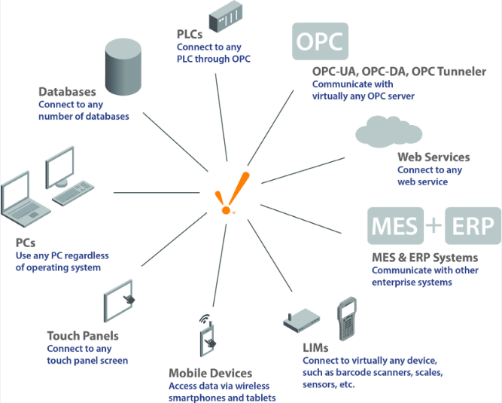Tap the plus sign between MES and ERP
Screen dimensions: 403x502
[x=434, y=226]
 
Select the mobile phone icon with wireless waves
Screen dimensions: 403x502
[x=207, y=336]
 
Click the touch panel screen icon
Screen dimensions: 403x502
[x=123, y=303]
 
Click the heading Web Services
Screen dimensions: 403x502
[x=434, y=157]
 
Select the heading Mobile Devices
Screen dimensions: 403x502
[x=210, y=373]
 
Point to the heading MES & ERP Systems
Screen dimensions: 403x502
[x=425, y=258]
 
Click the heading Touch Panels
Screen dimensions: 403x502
[x=83, y=336]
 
